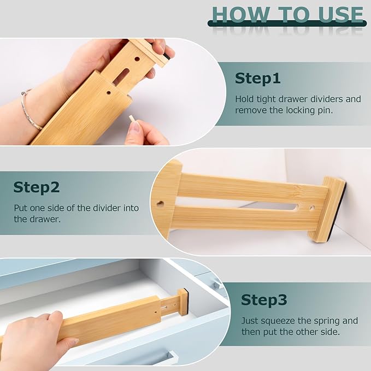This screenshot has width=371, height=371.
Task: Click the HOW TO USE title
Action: [x=287, y=15]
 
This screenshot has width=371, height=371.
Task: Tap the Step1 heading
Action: [x=257, y=79]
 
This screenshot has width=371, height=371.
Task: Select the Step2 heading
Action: [x=36, y=187]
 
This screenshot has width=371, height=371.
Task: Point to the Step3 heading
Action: [x=264, y=300]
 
